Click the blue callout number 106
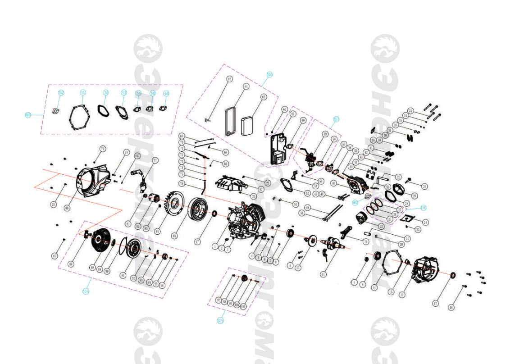coord(269,75)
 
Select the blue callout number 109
coord(28,115)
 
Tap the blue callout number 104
coord(86,291)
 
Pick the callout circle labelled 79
coord(102,149)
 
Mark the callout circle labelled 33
coord(410,111)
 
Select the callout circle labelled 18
coord(451,308)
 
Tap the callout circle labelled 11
coord(323,274)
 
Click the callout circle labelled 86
coord(70,264)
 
